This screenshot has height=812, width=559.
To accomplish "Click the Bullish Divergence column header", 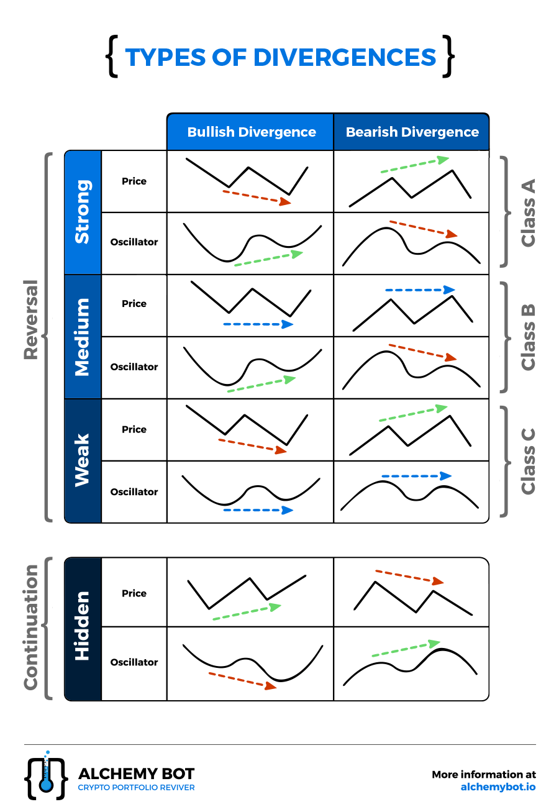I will pos(251,132).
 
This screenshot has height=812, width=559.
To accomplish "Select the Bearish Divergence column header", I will pos(412,132).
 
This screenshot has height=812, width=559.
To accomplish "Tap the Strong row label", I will pos(83,212).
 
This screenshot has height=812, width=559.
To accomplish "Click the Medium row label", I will pos(83,337).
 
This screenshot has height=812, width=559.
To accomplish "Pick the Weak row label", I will pos(83,460).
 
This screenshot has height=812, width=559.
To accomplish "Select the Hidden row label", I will pos(83,628).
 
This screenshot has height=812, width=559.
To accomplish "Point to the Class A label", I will pos(528,212).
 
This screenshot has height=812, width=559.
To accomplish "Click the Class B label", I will pos(528,337).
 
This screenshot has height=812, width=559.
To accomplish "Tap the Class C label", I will pos(528,461).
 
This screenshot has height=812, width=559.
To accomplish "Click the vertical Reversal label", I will pos(31,320).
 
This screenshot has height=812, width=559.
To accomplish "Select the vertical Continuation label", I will pos(31,627).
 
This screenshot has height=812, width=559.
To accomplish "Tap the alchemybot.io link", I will pos(498,787).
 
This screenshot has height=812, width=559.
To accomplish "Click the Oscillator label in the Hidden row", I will pos(134,662).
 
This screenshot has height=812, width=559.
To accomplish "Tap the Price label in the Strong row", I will pos(134,181).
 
